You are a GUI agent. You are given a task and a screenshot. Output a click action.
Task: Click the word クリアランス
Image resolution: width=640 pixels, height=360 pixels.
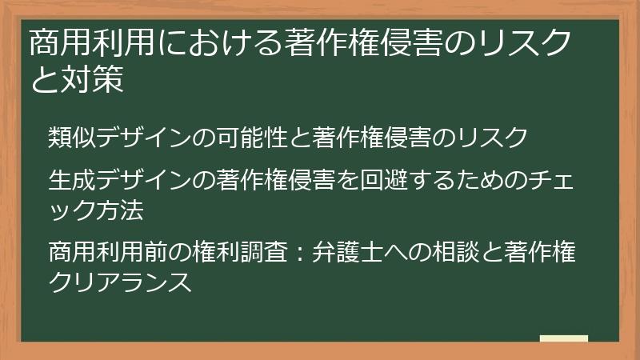(121, 283)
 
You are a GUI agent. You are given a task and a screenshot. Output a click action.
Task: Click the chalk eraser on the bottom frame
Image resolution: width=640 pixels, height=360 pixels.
(563, 338)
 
